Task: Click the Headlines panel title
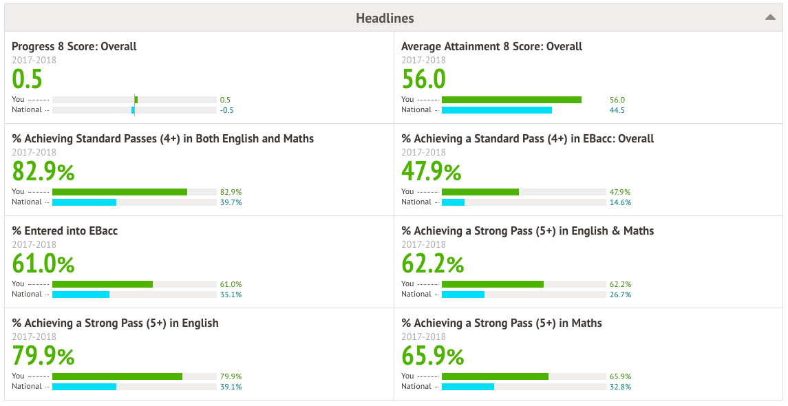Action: (x=385, y=18)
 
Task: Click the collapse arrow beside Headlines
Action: (x=770, y=18)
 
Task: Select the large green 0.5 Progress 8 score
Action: (x=27, y=79)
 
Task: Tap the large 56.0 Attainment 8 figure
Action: (x=424, y=79)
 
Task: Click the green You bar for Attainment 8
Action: (x=511, y=100)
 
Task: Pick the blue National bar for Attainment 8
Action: (x=496, y=110)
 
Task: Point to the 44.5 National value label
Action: (x=617, y=110)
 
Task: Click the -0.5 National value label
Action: (x=227, y=110)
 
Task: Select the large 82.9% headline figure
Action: (x=43, y=171)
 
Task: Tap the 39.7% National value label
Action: (x=231, y=202)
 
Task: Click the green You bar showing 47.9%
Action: (x=480, y=192)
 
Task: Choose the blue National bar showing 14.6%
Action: (x=453, y=202)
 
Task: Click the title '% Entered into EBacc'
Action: (x=65, y=231)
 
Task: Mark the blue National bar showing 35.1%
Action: (x=81, y=295)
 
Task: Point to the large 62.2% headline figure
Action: (x=433, y=264)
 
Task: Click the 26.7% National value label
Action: (x=620, y=295)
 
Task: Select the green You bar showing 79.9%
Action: (x=117, y=376)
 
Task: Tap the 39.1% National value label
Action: (x=231, y=387)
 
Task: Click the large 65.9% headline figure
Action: (x=433, y=356)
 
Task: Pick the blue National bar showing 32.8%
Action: (x=467, y=387)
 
